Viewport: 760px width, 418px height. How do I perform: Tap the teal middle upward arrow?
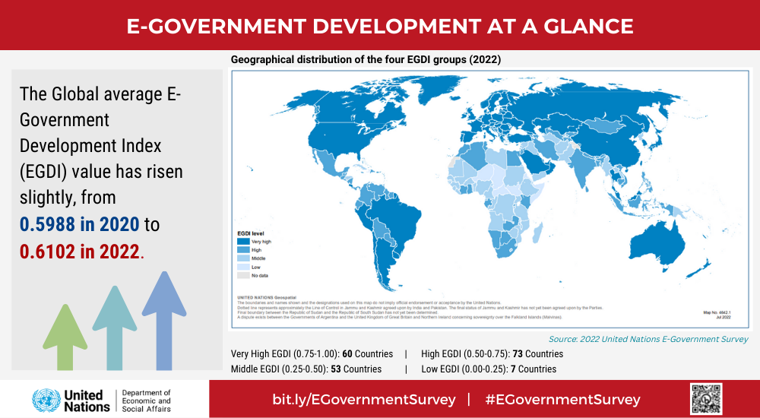point(114,327)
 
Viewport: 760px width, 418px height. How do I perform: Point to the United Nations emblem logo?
point(46,400)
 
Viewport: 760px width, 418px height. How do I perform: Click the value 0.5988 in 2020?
point(80,224)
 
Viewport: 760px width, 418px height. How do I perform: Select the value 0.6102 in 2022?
point(80,252)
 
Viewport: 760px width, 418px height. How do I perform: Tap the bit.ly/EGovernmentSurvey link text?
point(364,400)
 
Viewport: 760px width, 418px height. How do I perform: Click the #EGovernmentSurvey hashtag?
point(562,400)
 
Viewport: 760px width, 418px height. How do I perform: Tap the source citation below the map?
point(648,339)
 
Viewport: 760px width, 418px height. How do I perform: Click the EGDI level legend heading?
point(253,233)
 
